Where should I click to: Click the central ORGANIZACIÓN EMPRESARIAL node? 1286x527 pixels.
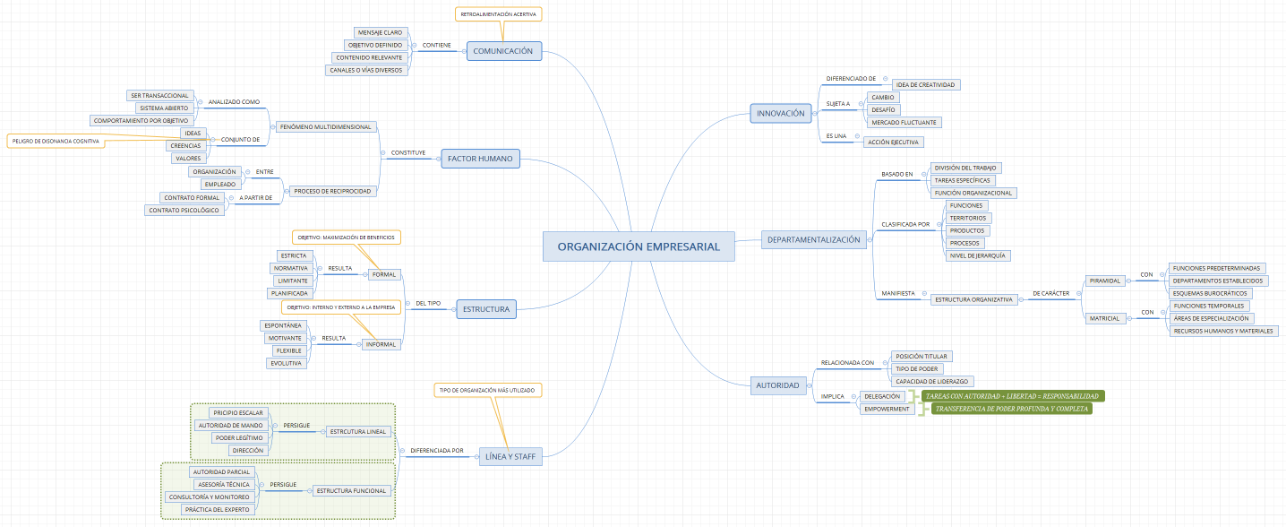tap(639, 246)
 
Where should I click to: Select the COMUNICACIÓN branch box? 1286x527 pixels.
tap(503, 51)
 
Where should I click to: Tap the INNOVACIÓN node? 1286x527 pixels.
tap(781, 113)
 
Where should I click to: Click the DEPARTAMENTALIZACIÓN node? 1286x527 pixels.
tap(814, 239)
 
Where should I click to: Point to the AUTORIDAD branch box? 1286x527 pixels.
tap(778, 385)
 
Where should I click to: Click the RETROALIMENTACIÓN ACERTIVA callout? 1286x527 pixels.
tap(499, 14)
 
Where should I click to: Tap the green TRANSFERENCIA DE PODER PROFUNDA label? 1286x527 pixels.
tap(1011, 409)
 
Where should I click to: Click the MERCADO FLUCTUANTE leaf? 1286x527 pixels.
tap(904, 122)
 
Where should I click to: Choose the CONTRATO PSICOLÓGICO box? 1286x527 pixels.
tap(184, 210)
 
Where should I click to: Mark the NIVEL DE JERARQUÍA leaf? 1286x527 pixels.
tap(977, 255)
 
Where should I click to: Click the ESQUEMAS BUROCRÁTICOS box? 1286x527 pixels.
tap(1210, 293)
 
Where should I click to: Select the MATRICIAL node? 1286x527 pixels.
tap(1104, 318)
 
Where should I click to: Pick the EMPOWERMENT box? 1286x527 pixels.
tap(887, 409)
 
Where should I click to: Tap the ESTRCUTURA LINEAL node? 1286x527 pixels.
tap(357, 431)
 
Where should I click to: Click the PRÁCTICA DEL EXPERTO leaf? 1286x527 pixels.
tap(219, 509)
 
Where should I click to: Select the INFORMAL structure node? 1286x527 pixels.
tap(380, 344)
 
